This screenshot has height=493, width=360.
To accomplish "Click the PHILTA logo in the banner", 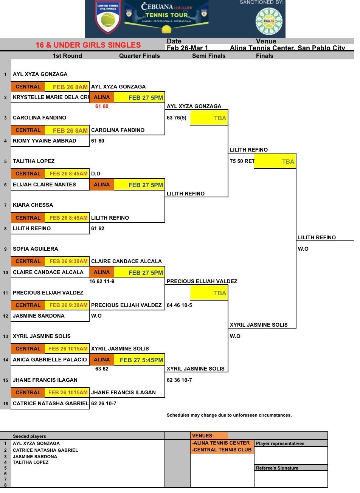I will click(x=269, y=21).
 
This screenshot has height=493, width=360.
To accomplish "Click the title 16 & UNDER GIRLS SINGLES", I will click(x=88, y=45).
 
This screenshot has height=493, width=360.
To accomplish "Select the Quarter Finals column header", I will click(x=140, y=56).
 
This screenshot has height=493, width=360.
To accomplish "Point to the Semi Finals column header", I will click(x=209, y=56).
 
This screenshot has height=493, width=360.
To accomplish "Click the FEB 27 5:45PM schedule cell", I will click(x=141, y=360).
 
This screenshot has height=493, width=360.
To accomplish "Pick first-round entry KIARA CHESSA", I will click(x=33, y=205).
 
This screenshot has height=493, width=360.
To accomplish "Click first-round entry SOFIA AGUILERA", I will click(x=36, y=249).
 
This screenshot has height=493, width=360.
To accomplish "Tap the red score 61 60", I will click(x=102, y=107).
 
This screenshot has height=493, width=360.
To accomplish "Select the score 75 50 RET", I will click(x=242, y=161).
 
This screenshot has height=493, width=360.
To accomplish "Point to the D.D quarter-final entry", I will click(x=96, y=174).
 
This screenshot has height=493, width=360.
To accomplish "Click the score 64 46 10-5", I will click(x=179, y=305).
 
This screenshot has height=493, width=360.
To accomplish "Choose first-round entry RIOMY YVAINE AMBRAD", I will click(x=45, y=141).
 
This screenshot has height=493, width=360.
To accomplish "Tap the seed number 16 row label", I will click(x=6, y=404).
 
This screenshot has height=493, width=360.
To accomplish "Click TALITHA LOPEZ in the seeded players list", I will click(x=31, y=462).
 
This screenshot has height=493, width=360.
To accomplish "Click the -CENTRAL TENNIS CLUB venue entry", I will click(x=222, y=450).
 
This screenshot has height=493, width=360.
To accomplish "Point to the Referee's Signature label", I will click(x=277, y=468).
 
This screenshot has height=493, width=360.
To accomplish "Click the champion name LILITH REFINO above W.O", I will click(x=317, y=237).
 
